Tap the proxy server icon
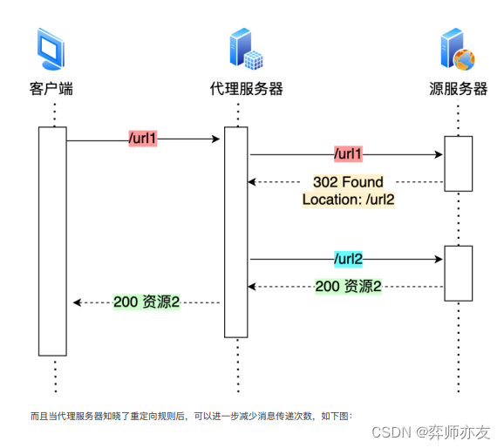tap(244, 50)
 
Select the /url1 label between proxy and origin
tap(348, 154)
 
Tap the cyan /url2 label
tap(348, 259)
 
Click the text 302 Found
tap(348, 182)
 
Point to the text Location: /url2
tap(348, 200)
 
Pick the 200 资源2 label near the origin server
tap(348, 286)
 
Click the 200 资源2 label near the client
tap(146, 302)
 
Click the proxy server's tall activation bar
tap(236, 232)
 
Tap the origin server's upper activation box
tap(458, 163)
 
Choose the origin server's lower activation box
tap(458, 273)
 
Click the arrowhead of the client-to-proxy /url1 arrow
tap(215, 139)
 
